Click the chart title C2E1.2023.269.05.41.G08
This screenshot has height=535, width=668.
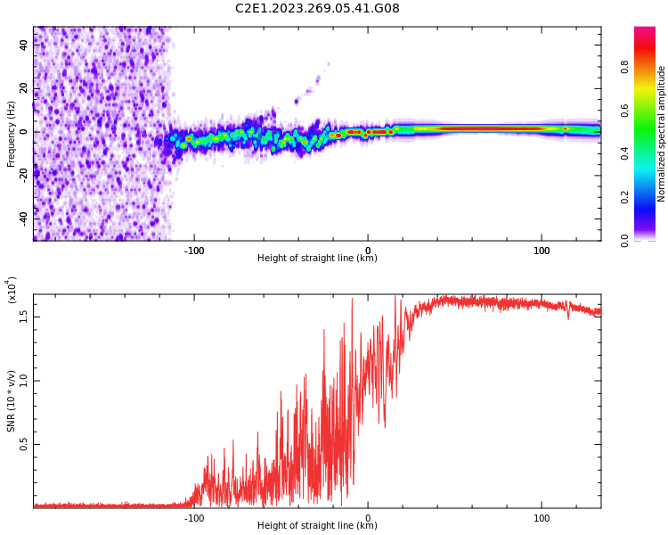coord(317,9)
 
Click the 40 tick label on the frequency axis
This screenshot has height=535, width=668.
coord(24,45)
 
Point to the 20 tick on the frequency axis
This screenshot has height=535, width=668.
coord(24,88)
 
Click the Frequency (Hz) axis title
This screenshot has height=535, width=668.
coord(12,134)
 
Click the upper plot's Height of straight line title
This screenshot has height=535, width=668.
coord(317,259)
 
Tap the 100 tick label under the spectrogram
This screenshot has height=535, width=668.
coord(542,251)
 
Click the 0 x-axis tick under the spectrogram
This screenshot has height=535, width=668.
coord(368,251)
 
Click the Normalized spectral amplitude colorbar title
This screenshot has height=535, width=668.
coord(662,134)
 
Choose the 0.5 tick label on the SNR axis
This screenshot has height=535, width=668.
coord(24,444)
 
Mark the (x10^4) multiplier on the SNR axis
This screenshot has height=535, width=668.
coord(12,291)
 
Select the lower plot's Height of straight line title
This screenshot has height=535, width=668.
coord(317,526)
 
